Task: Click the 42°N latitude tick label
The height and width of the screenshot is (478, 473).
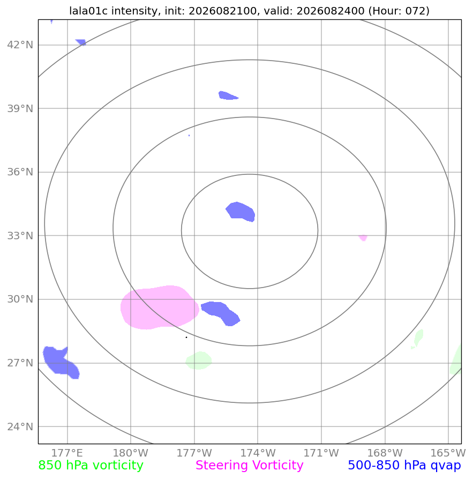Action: [20, 45]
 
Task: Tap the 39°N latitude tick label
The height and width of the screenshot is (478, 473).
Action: [20, 108]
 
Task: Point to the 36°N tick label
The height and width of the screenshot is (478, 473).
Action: [20, 172]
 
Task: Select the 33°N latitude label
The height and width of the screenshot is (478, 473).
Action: [20, 236]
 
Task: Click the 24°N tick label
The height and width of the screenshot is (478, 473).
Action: [20, 426]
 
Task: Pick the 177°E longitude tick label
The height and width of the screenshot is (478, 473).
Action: [67, 453]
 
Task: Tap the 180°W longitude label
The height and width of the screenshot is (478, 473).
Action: [131, 453]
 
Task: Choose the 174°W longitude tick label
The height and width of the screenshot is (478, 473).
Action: [258, 453]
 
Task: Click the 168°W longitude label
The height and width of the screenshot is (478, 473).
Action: [385, 453]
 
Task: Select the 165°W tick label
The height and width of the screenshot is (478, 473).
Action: [448, 453]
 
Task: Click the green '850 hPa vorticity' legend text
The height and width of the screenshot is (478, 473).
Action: [91, 466]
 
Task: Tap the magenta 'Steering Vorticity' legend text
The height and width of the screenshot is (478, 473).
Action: [249, 466]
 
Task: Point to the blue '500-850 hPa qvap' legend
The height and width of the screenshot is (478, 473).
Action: [404, 466]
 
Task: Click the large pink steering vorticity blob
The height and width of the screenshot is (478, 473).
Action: [159, 307]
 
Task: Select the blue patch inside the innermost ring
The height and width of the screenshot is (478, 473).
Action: [241, 211]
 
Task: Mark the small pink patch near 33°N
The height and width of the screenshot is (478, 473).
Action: [363, 238]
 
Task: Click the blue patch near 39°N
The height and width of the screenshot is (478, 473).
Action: [228, 95]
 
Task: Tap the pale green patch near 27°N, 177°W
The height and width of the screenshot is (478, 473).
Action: [199, 361]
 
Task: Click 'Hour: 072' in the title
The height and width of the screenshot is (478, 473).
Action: [399, 11]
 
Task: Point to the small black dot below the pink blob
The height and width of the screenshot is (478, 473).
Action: [186, 337]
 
